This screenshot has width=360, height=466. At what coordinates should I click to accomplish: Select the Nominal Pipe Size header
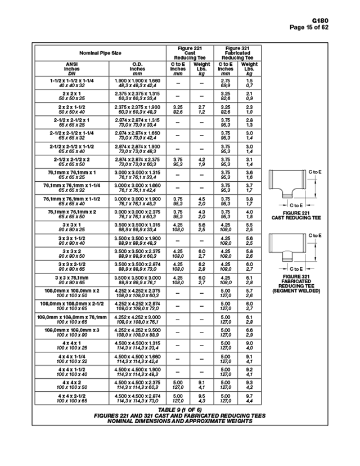click(100, 52)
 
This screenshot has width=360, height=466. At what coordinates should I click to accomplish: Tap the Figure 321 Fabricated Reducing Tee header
click(237, 52)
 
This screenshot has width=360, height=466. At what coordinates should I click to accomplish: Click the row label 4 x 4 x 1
click(71, 343)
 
